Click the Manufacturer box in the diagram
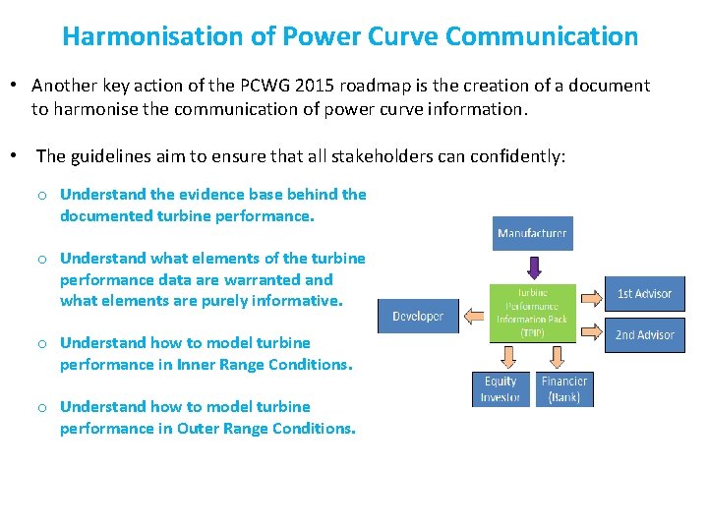(532, 233)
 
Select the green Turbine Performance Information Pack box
(532, 313)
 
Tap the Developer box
(418, 316)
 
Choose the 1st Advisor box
(644, 293)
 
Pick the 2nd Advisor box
(644, 334)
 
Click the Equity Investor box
(501, 388)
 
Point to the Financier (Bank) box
(564, 388)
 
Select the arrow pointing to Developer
(474, 316)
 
